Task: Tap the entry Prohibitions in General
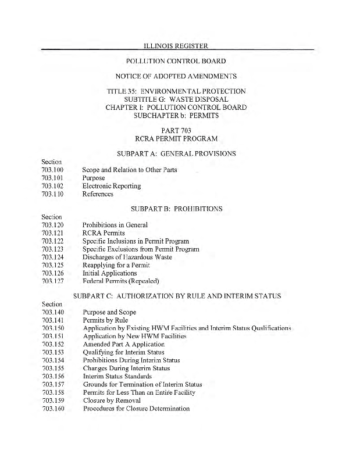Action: (115, 225)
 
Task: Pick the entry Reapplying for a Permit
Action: (116, 265)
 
